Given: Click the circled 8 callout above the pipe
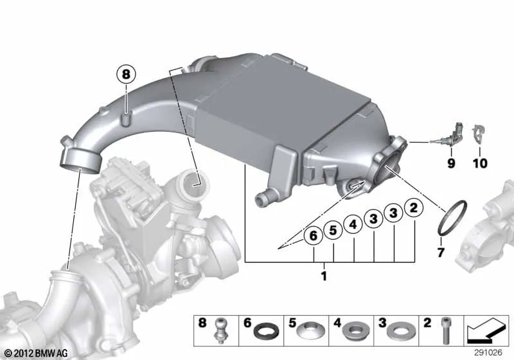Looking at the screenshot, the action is click(126, 75).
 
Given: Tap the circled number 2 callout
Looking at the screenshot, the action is click(414, 208).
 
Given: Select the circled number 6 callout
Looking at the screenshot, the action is click(314, 235).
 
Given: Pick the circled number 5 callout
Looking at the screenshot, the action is click(333, 230).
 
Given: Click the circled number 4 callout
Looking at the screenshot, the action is click(353, 224).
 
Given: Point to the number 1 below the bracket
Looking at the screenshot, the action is click(324, 276).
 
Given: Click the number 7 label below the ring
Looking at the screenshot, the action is click(441, 253).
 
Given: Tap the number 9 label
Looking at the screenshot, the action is click(452, 163).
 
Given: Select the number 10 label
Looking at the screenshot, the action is click(480, 163).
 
